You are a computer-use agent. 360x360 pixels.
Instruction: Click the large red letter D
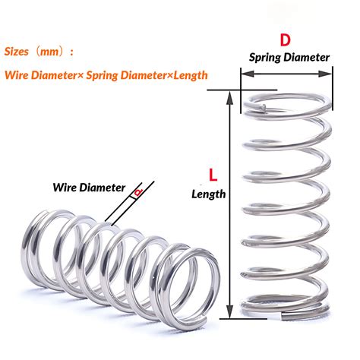(285, 40)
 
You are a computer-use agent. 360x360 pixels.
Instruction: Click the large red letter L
(213, 175)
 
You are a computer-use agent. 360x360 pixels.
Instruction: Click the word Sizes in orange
(17, 52)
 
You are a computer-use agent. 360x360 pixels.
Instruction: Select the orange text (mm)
(50, 52)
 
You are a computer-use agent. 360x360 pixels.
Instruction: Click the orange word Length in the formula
(191, 75)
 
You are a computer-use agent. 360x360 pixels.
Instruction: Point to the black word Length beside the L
(209, 194)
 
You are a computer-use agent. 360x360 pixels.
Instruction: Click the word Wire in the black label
(65, 188)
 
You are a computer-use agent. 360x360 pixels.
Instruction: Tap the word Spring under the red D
(265, 58)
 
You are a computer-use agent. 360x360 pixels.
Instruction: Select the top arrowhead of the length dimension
(229, 97)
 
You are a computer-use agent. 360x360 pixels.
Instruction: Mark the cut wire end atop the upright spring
(264, 107)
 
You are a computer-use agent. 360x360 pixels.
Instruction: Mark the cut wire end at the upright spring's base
(283, 315)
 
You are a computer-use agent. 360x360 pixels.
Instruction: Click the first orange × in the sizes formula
(81, 76)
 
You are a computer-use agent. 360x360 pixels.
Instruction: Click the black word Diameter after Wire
(102, 188)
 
